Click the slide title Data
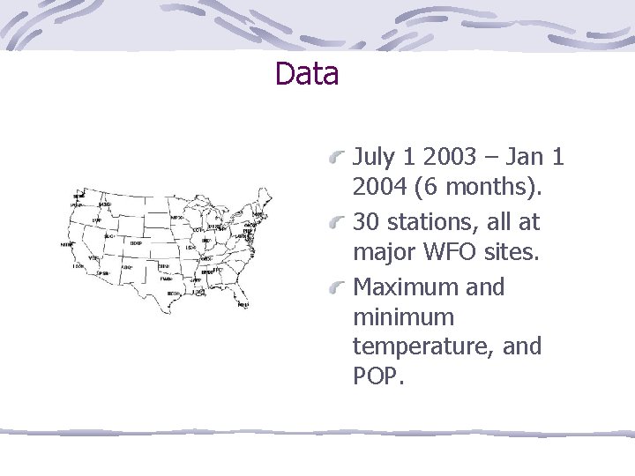coord(306,73)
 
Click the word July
coord(373,159)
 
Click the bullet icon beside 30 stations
coord(338,224)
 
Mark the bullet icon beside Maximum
coord(338,288)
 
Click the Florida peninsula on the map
coord(240,295)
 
